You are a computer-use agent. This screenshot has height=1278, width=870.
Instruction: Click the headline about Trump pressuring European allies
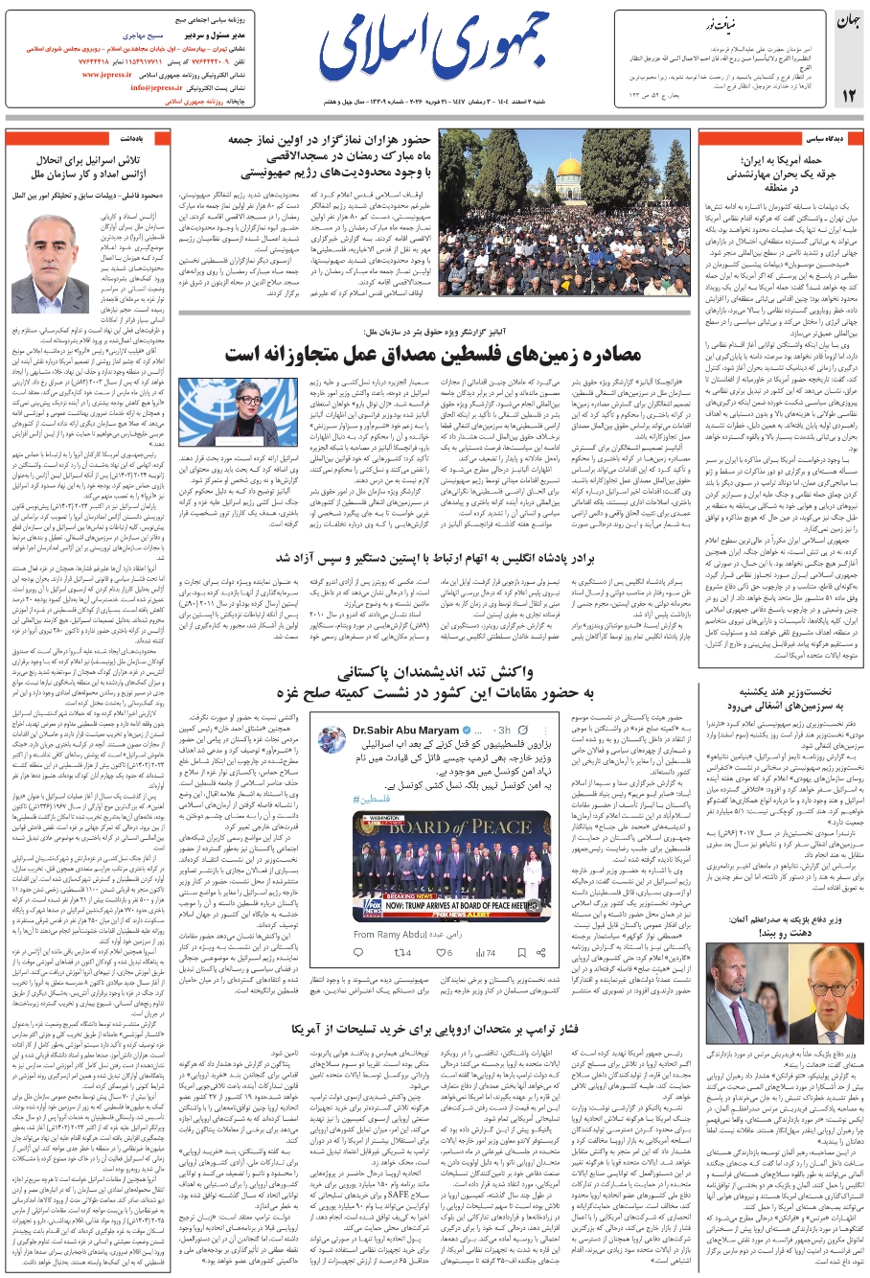(435, 1029)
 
